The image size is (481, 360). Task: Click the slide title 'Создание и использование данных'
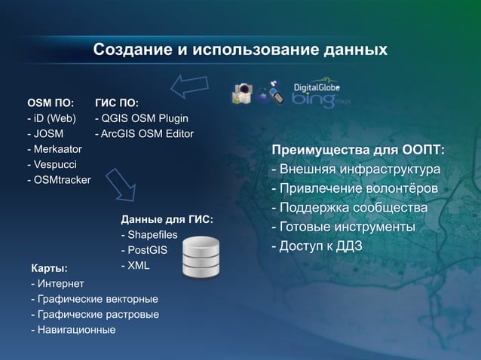tap(240, 50)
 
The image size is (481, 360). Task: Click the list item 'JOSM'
tap(47, 133)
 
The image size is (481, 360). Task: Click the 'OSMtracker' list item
tap(60, 180)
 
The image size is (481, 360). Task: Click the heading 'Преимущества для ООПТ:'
tap(357, 151)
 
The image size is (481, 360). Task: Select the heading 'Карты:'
tap(49, 268)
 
